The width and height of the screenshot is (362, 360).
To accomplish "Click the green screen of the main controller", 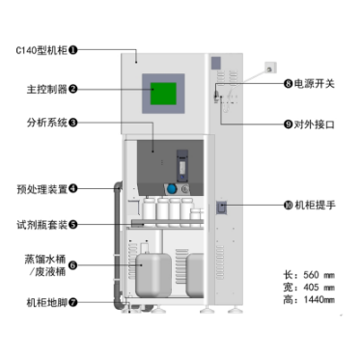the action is click(x=163, y=94).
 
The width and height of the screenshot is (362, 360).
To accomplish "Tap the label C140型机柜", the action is click(x=42, y=50).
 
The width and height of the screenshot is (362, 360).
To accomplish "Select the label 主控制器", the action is click(x=47, y=89).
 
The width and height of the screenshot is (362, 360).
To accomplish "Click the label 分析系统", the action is click(x=47, y=123).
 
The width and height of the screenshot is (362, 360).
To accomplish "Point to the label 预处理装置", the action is click(x=42, y=189).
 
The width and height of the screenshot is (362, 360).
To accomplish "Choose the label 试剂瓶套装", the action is click(x=42, y=225).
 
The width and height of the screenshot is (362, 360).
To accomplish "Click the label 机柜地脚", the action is click(x=47, y=302).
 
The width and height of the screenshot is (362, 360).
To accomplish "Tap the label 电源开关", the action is click(x=314, y=84).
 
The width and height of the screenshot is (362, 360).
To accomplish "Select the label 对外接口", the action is click(x=314, y=125).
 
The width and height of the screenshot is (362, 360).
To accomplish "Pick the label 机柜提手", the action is click(x=315, y=205).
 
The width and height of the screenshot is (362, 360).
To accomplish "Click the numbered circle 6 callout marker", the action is click(x=73, y=265).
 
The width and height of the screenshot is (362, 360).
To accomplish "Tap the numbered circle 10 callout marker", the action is click(x=288, y=205).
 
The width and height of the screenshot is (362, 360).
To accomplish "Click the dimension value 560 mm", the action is click(x=319, y=275).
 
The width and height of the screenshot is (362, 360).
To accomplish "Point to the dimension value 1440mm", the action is click(x=319, y=300).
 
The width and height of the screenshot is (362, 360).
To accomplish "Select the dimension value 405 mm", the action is click(x=319, y=288).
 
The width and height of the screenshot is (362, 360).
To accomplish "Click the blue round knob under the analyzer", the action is click(x=172, y=189).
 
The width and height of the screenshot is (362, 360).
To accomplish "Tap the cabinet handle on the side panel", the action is click(x=221, y=208).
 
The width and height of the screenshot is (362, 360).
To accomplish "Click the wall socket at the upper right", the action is click(x=270, y=69).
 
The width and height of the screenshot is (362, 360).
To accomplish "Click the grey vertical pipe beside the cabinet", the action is click(x=118, y=244).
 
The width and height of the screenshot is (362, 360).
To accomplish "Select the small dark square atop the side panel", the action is click(x=216, y=63).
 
